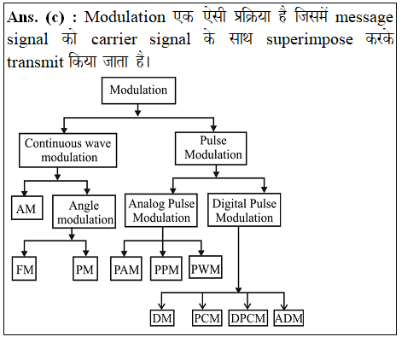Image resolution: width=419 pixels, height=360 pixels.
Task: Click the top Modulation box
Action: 138,90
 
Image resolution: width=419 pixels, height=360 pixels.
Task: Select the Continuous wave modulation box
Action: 67,150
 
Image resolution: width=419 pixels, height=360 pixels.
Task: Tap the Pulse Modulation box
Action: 211,148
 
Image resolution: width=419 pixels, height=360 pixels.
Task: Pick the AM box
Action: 27,207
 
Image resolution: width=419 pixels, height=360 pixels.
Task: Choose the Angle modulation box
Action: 84,212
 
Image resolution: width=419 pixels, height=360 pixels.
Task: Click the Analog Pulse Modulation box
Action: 161,210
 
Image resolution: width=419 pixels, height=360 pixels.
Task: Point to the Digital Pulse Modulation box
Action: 244,210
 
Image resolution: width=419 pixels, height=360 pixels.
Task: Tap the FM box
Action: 24,269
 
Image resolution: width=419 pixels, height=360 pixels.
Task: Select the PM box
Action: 85,269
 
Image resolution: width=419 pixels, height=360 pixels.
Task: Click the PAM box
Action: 126,269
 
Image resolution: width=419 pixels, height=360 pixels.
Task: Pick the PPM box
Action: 166,269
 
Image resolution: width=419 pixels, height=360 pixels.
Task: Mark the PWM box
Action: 206,267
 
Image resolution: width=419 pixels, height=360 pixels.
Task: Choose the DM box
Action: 162,318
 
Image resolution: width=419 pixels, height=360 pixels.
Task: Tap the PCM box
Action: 207,318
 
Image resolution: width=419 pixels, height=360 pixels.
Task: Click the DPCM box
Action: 248,318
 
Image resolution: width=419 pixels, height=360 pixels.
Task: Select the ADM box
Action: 288,318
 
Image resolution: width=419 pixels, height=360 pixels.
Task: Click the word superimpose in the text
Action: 310,40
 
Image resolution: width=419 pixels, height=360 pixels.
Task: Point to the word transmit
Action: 35,61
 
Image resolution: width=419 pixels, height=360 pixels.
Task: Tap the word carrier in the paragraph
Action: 114,39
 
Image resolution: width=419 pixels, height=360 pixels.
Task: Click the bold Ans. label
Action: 22,17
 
